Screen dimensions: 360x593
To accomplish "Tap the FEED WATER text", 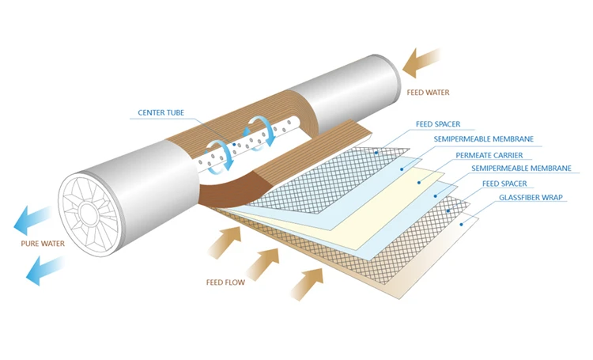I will coord(428,93).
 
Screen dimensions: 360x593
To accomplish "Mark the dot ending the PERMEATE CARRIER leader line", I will coord(434,194).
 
